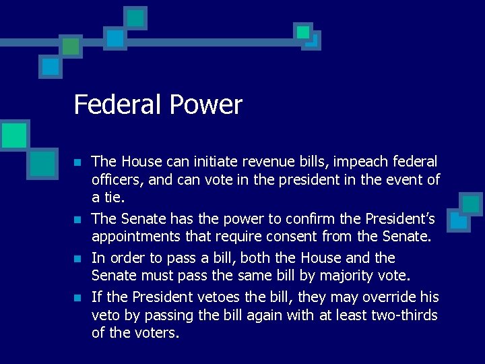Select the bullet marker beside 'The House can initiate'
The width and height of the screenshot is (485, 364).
pyautogui.click(x=78, y=163)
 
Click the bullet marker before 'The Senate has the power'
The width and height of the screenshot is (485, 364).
pyautogui.click(x=78, y=220)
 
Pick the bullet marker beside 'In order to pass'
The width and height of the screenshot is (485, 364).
pyautogui.click(x=78, y=259)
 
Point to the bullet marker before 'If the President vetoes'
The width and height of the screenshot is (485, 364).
pyautogui.click(x=78, y=298)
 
